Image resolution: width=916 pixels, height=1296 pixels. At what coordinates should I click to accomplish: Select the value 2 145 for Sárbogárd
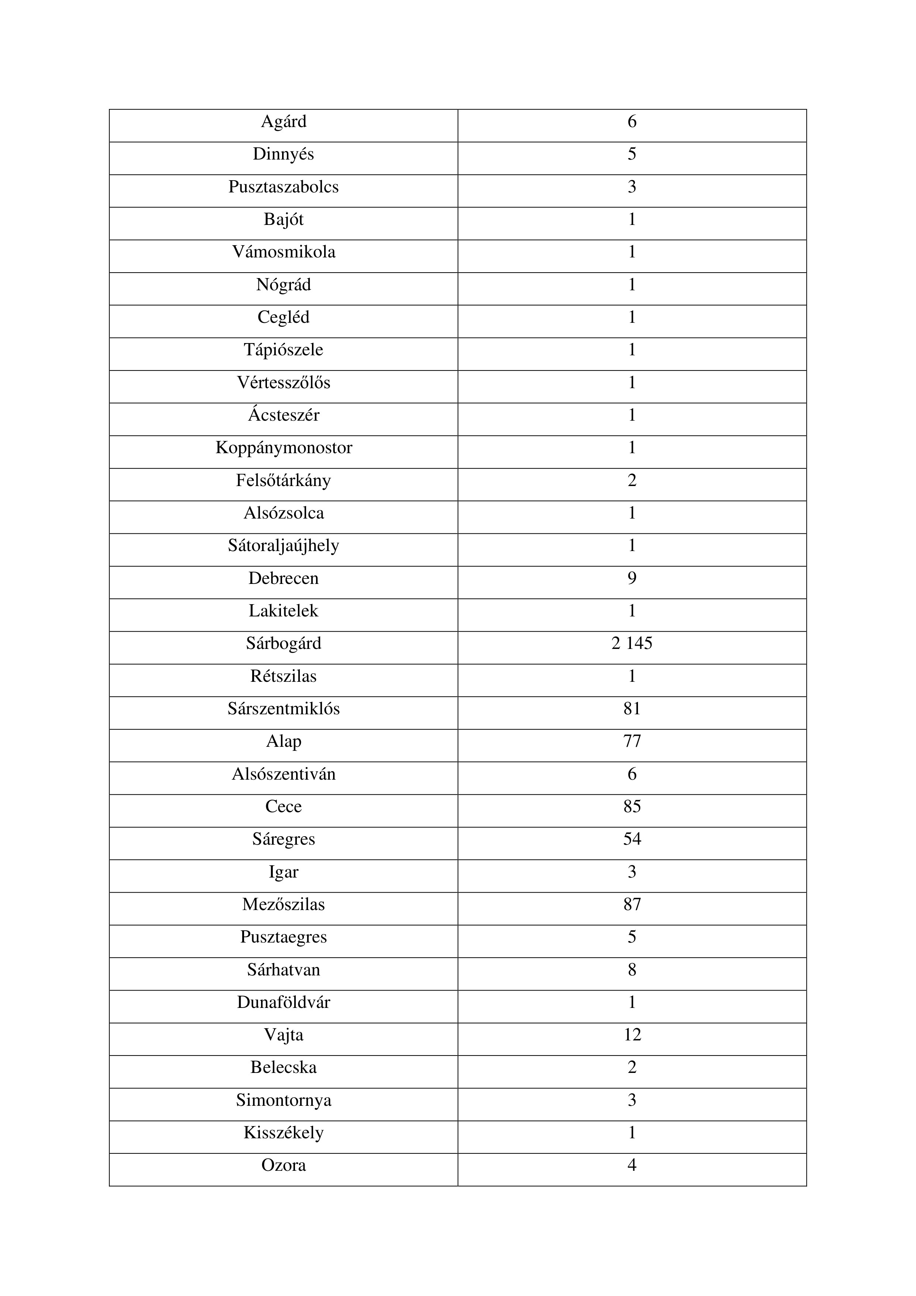point(632,643)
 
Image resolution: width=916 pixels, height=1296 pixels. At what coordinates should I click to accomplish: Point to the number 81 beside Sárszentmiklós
point(632,708)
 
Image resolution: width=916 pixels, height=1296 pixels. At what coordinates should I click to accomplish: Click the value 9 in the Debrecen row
point(632,579)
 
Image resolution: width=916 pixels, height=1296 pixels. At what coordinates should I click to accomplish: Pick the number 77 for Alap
point(632,741)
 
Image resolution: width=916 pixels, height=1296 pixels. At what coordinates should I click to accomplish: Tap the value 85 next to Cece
point(632,807)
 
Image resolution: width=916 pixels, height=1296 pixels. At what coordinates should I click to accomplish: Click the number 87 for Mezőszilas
point(632,904)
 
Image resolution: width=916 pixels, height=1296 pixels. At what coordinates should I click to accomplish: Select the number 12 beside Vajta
point(632,1035)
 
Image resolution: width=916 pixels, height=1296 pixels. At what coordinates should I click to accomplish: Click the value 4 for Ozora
point(632,1165)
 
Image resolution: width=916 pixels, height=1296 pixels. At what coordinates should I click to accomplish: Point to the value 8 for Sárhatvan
point(632,970)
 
